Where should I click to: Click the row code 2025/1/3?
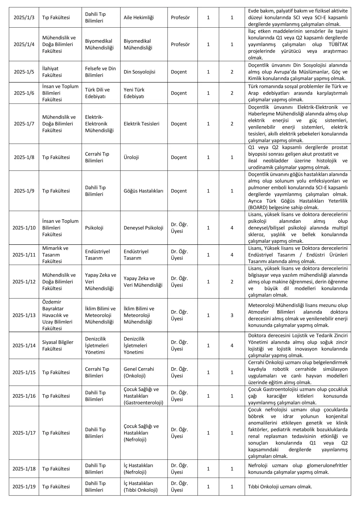tap(24, 17)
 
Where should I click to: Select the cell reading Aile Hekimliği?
tap(139, 17)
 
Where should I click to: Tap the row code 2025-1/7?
tap(24, 124)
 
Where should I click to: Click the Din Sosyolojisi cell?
tap(139, 72)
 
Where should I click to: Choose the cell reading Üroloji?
tap(131, 157)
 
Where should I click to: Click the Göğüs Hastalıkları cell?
tap(143, 191)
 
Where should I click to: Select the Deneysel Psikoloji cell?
tap(143, 228)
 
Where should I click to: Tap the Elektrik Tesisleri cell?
tap(141, 124)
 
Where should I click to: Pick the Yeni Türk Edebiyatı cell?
tap(134, 93)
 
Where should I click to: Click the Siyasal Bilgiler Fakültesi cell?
tap(58, 345)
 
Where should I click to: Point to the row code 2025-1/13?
tap(24, 315)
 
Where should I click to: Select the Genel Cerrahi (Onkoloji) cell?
tap(139, 372)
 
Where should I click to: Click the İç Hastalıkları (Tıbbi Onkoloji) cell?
tap(141, 487)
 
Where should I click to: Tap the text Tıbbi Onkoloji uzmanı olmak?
tap(280, 487)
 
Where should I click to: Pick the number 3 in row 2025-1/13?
tap(232, 315)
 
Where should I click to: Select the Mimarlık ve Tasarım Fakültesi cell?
tap(55, 255)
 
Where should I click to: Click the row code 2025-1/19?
tap(24, 487)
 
